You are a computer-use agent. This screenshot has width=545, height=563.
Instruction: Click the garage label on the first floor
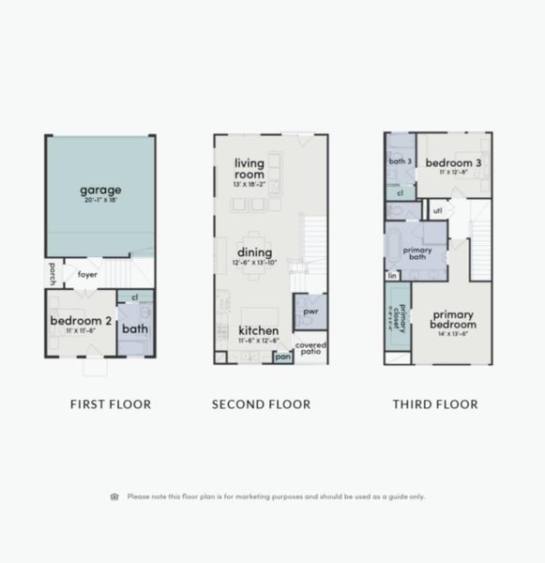pyautogui.click(x=100, y=190)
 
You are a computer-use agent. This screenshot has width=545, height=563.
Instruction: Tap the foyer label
pyautogui.click(x=88, y=275)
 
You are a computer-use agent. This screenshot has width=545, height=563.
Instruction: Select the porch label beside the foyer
pyautogui.click(x=53, y=274)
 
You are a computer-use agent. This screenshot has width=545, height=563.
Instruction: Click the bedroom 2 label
pyautogui.click(x=81, y=321)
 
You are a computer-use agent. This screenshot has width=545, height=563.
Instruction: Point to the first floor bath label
pyautogui.click(x=134, y=329)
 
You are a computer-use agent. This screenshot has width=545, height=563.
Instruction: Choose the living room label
pyautogui.click(x=249, y=168)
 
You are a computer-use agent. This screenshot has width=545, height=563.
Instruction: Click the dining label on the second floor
pyautogui.click(x=254, y=252)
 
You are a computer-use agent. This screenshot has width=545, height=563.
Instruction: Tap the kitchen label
pyautogui.click(x=257, y=330)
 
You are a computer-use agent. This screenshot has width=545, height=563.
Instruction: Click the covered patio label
pyautogui.click(x=310, y=347)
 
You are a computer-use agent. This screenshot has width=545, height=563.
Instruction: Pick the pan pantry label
pyautogui.click(x=281, y=358)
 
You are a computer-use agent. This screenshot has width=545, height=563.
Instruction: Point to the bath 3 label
pyautogui.click(x=401, y=161)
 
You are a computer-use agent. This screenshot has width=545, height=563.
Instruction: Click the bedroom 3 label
pyautogui.click(x=453, y=163)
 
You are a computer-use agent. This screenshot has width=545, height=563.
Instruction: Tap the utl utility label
pyautogui.click(x=437, y=210)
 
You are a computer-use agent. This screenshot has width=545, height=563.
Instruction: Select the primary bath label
pyautogui.click(x=417, y=252)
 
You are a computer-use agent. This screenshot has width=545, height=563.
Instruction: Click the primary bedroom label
pyautogui.click(x=452, y=319)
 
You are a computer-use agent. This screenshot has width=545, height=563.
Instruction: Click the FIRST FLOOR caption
pyautogui.click(x=111, y=404)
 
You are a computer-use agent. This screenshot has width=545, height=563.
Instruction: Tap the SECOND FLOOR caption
pyautogui.click(x=261, y=404)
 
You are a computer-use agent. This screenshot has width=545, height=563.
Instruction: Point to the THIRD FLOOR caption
pyautogui.click(x=435, y=404)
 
